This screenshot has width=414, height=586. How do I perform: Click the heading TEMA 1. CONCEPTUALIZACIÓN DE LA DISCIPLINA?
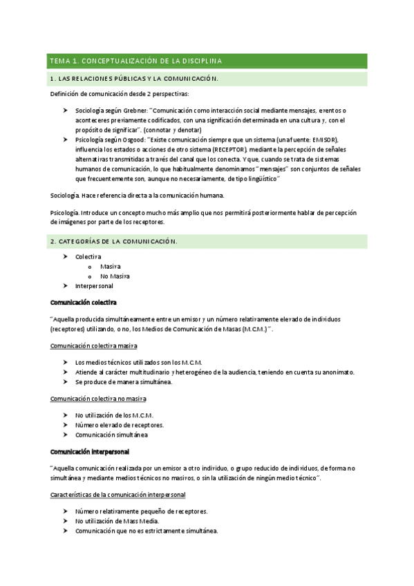click(x=135, y=62)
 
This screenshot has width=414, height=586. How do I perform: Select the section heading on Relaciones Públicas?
click(x=133, y=79)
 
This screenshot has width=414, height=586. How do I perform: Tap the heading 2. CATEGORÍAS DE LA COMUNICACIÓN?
click(x=113, y=241)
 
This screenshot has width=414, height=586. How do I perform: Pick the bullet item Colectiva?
click(x=88, y=256)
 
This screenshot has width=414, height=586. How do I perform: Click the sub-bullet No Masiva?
click(x=115, y=276)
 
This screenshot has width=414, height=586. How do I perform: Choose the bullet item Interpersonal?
click(x=94, y=285)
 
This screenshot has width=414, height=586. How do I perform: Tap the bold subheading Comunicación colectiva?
click(x=84, y=302)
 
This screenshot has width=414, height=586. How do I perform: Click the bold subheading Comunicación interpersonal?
click(x=89, y=451)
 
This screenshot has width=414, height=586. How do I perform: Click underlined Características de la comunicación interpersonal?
click(x=118, y=495)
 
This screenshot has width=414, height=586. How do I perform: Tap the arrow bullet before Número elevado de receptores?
click(x=64, y=425)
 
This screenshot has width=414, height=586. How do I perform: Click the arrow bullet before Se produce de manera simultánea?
click(x=64, y=381)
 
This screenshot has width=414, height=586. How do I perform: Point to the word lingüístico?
click(x=258, y=179)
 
